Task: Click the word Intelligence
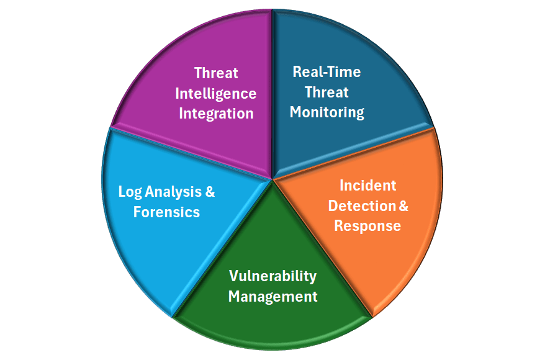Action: click(216, 94)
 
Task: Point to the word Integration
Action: click(216, 114)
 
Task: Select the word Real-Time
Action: click(327, 72)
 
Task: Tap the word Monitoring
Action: click(327, 112)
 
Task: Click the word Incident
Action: click(367, 186)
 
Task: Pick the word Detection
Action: click(362, 206)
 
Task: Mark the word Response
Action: click(367, 227)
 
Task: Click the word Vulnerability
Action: click(273, 277)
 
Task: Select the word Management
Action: click(273, 297)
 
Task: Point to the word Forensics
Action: click(166, 212)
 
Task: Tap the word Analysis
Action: click(173, 192)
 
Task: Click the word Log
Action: click(130, 192)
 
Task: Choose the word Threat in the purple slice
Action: click(216, 73)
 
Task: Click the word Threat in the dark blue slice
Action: click(327, 92)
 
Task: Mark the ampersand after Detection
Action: click(403, 206)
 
